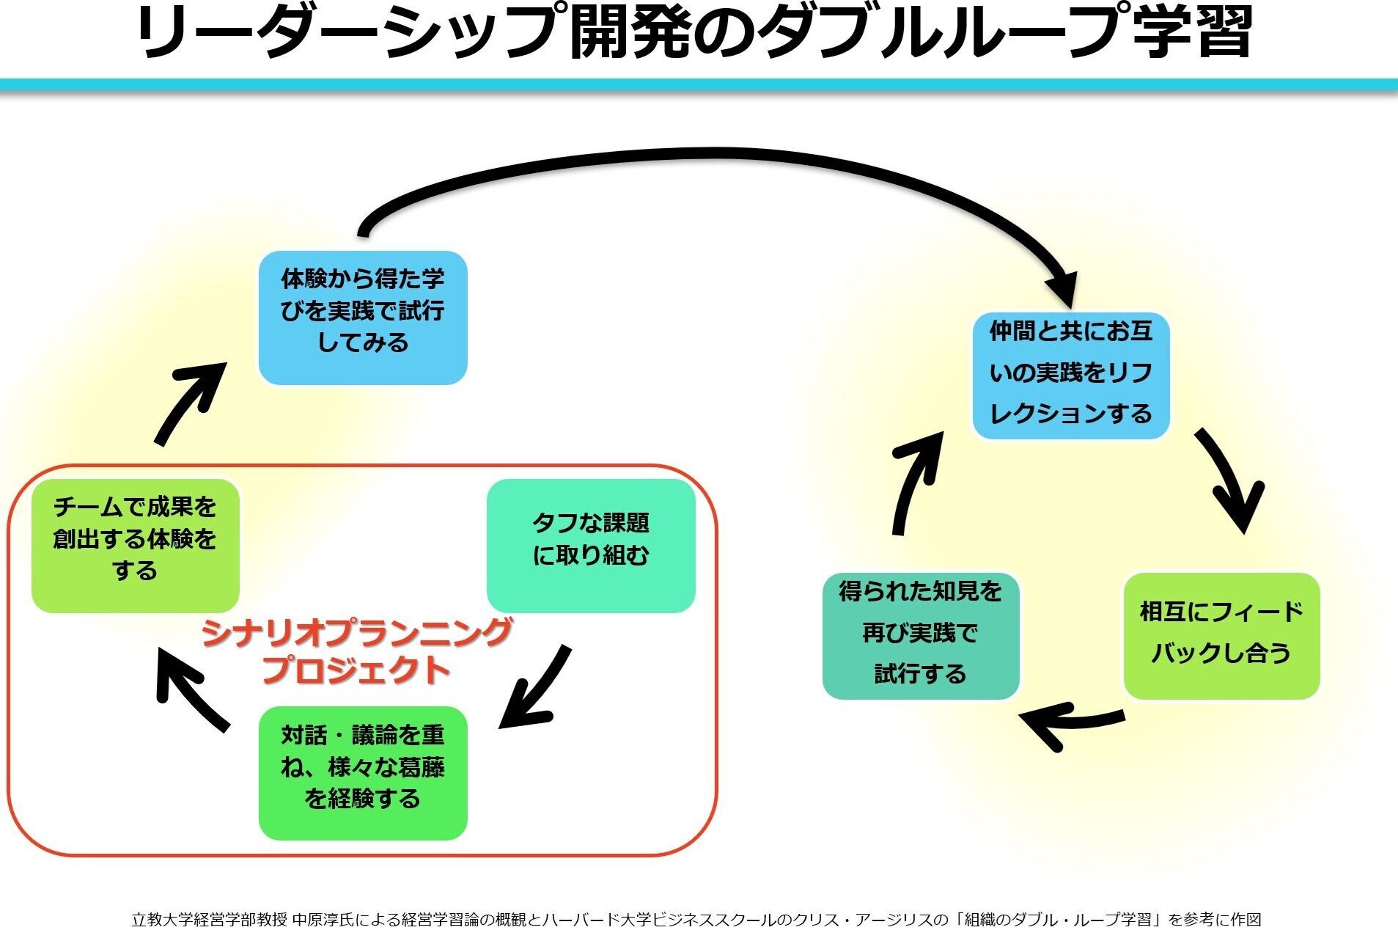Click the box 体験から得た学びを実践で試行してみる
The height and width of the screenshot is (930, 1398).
(x=363, y=318)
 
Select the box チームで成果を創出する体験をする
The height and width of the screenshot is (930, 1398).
(x=136, y=546)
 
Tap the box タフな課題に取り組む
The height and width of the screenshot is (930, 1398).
(x=591, y=546)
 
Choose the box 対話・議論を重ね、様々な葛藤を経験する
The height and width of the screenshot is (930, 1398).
(x=363, y=773)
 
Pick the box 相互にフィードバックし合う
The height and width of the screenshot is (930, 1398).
(x=1221, y=635)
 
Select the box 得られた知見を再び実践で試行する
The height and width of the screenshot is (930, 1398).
(x=921, y=635)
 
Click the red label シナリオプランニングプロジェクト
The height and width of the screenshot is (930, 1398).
(x=356, y=651)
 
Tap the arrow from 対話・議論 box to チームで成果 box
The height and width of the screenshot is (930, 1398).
(x=191, y=689)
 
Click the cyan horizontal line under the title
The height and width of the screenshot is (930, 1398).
(x=699, y=84)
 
